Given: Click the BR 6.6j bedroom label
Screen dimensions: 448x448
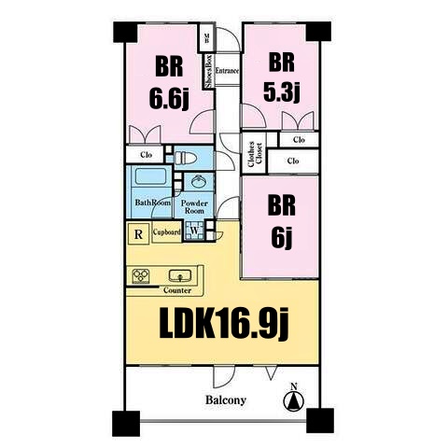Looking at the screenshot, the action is (169, 83).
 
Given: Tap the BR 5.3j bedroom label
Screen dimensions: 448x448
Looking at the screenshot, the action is (281, 77).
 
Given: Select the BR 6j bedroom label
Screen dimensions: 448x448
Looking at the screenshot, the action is (282, 221).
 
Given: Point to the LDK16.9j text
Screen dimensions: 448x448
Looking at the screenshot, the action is (224, 324).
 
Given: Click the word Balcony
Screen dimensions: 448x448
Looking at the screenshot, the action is (226, 400).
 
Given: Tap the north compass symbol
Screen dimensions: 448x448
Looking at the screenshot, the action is (294, 398).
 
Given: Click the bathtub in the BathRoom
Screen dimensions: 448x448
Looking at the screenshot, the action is (150, 177).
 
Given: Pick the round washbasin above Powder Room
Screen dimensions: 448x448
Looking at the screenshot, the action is (198, 181).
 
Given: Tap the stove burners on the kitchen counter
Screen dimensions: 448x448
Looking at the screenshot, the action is (141, 275).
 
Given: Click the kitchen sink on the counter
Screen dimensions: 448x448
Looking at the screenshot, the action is (180, 275).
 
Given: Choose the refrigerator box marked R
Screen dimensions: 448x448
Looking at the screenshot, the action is (139, 234).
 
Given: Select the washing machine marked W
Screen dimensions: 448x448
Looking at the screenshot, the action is (194, 231).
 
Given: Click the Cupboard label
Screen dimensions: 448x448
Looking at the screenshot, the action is (167, 232).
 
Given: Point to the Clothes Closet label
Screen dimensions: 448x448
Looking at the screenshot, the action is (255, 153).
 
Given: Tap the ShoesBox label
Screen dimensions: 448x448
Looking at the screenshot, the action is (209, 71).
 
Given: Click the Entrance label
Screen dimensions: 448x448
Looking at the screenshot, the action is (227, 71).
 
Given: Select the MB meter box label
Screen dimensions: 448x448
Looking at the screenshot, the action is (206, 38).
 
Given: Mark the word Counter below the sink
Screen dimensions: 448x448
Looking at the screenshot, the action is (177, 290).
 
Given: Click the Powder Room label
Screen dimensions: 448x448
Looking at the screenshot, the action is (194, 207).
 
